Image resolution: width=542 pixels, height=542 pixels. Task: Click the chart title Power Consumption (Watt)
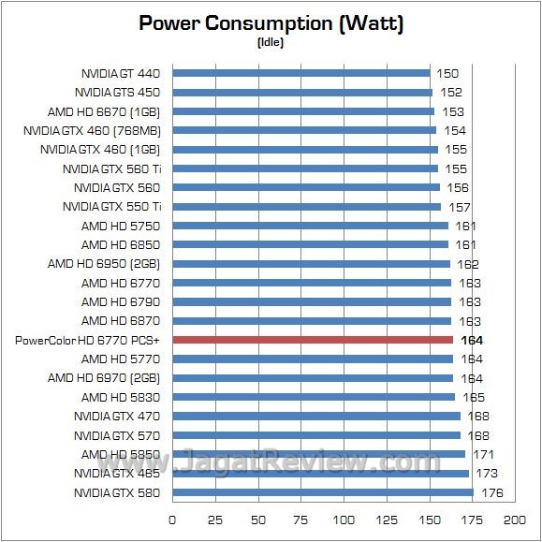click(x=271, y=23)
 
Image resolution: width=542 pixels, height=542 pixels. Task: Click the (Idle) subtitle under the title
click(x=271, y=42)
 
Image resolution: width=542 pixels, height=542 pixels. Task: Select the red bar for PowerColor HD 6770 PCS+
click(x=313, y=341)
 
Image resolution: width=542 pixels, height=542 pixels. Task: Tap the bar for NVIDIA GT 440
click(x=300, y=73)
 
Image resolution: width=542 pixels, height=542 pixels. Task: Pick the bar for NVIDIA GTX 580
click(x=323, y=493)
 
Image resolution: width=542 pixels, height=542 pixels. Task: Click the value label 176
click(x=491, y=493)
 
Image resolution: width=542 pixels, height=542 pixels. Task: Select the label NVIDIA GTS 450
click(x=117, y=92)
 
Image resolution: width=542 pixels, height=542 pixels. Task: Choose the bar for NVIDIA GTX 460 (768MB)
click(x=304, y=130)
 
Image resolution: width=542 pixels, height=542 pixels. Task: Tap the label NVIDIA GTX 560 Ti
click(x=111, y=168)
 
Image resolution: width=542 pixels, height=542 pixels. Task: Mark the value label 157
click(x=459, y=207)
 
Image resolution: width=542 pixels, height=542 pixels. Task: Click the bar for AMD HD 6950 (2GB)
click(x=311, y=264)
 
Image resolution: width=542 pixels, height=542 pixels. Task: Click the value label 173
click(x=487, y=474)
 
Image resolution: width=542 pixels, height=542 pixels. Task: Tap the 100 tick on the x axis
click(x=344, y=520)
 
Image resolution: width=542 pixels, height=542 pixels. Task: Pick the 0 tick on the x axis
click(x=172, y=520)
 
